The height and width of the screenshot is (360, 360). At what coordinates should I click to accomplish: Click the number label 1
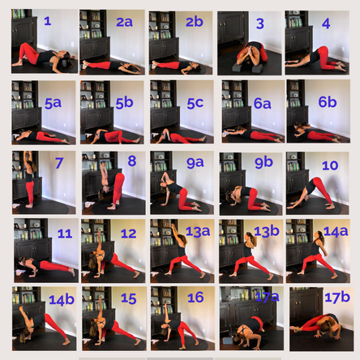coord(47,22)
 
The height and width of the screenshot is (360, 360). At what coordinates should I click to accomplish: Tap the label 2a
coord(123,22)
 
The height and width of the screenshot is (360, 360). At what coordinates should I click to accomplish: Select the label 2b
coord(193,22)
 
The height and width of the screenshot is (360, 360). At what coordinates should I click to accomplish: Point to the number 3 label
coord(259,24)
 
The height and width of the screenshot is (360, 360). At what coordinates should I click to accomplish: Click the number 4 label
coord(325,24)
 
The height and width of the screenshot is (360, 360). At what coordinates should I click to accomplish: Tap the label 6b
coord(327,103)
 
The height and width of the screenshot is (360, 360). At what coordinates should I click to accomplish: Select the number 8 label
coord(131,161)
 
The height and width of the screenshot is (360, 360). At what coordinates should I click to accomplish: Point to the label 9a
coord(195,163)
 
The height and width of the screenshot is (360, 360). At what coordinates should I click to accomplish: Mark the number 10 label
coord(329,165)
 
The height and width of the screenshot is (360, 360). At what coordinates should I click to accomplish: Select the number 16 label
coord(195,298)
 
